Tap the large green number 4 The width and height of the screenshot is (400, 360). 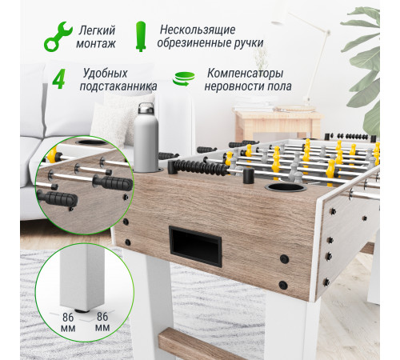click(x=58, y=80)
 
